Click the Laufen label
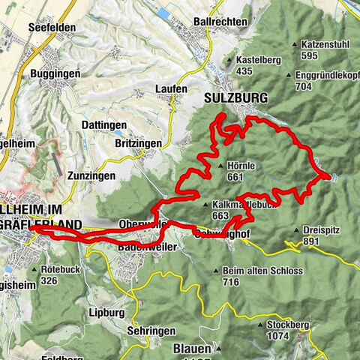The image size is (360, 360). (x=171, y=88)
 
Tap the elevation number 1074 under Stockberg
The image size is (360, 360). (x=277, y=337)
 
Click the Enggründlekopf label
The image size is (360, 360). (x=323, y=75)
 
